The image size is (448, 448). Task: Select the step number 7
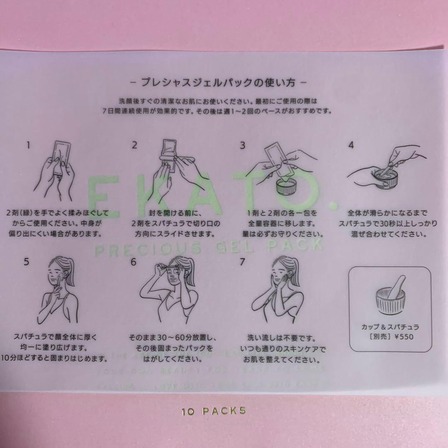(x=242, y=262)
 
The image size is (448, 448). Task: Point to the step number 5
(x=27, y=262)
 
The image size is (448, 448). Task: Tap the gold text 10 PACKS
(x=214, y=411)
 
